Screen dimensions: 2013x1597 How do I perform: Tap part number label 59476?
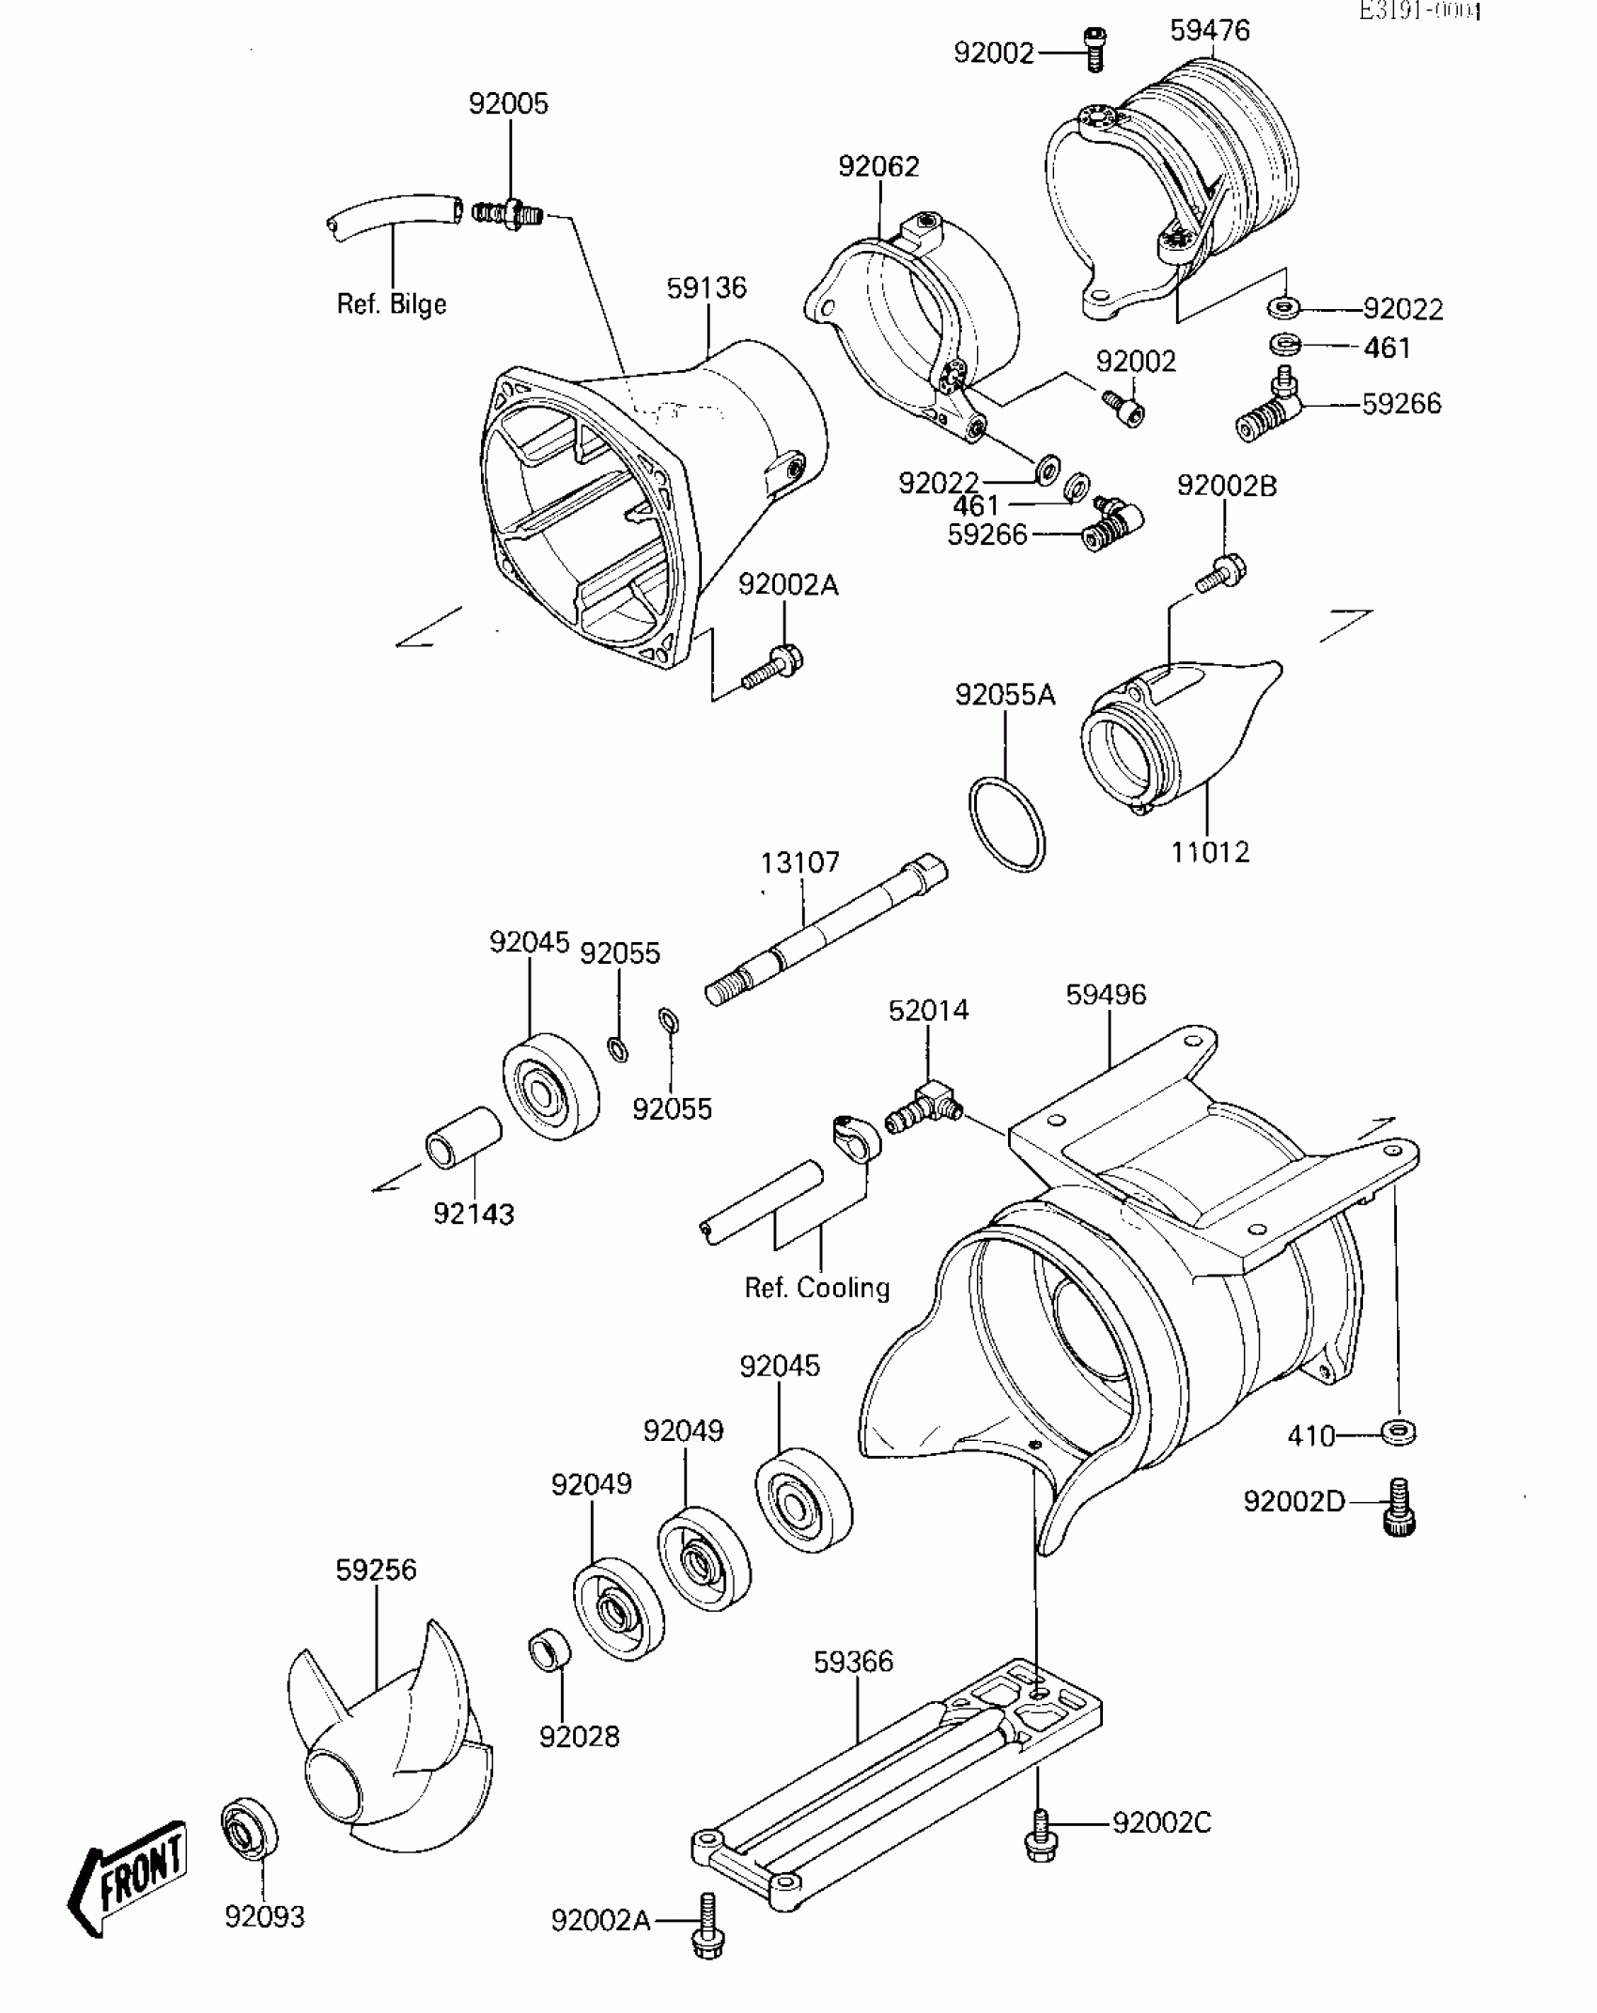pyautogui.click(x=1209, y=31)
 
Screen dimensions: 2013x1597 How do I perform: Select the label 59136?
pyautogui.click(x=706, y=287)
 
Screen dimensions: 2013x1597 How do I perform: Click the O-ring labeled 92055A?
pyautogui.click(x=1006, y=824)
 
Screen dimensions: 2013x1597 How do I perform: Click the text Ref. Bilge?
pyautogui.click(x=391, y=304)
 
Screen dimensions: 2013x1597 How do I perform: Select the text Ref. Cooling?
pyautogui.click(x=816, y=1287)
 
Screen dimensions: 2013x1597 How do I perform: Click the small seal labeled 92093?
pyautogui.click(x=250, y=1827)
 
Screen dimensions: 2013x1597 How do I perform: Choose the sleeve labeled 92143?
pyautogui.click(x=464, y=1137)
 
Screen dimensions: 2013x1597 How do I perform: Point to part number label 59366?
pyautogui.click(x=853, y=1662)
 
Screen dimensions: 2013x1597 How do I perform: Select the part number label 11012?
pyautogui.click(x=1210, y=852)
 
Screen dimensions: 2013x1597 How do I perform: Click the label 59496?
pyautogui.click(x=1106, y=994)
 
